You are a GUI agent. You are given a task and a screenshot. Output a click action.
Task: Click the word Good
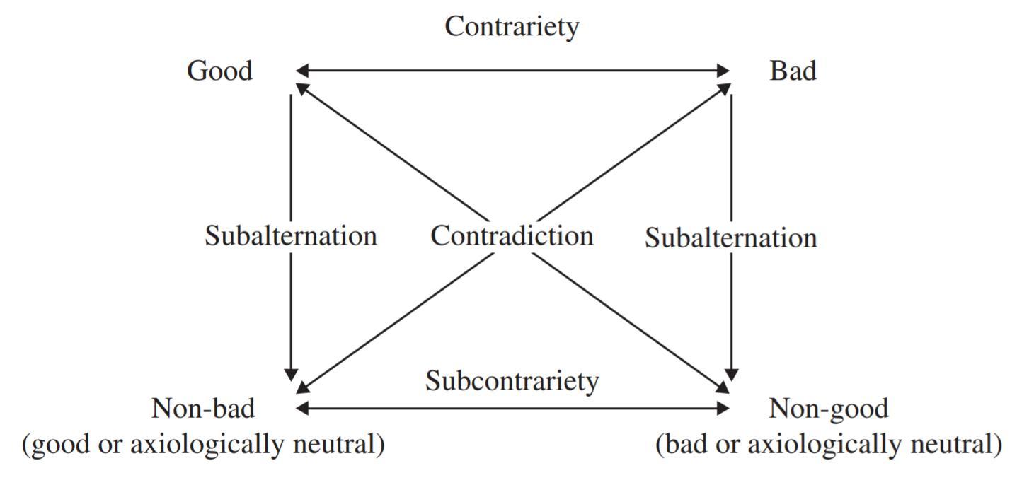click(x=219, y=71)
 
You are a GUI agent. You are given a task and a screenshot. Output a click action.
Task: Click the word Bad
click(x=793, y=71)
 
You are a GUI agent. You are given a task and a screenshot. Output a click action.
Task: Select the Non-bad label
click(x=203, y=409)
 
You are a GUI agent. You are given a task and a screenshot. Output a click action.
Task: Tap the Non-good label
click(x=828, y=409)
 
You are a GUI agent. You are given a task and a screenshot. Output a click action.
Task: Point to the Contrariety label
click(x=512, y=27)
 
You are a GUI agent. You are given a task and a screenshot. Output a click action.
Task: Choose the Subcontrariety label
click(x=512, y=381)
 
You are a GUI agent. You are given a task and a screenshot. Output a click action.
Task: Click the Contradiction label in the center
click(x=512, y=235)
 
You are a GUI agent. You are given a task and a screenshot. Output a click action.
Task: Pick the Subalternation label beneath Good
click(x=291, y=235)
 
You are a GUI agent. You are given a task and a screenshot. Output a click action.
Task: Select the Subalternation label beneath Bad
click(x=730, y=238)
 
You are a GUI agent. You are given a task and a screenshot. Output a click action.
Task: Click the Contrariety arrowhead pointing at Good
click(x=301, y=71)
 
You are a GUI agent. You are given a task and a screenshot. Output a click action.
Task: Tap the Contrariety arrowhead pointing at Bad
click(x=723, y=71)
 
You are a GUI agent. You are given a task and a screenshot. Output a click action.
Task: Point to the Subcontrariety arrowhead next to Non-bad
click(x=301, y=408)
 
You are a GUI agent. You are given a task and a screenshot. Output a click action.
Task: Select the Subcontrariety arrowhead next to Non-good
click(x=723, y=408)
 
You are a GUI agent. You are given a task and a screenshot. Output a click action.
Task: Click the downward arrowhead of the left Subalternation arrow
click(x=291, y=375)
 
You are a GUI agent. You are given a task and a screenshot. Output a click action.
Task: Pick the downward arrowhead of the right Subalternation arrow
click(x=732, y=375)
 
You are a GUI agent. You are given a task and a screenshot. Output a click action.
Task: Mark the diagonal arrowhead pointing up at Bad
click(x=724, y=88)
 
